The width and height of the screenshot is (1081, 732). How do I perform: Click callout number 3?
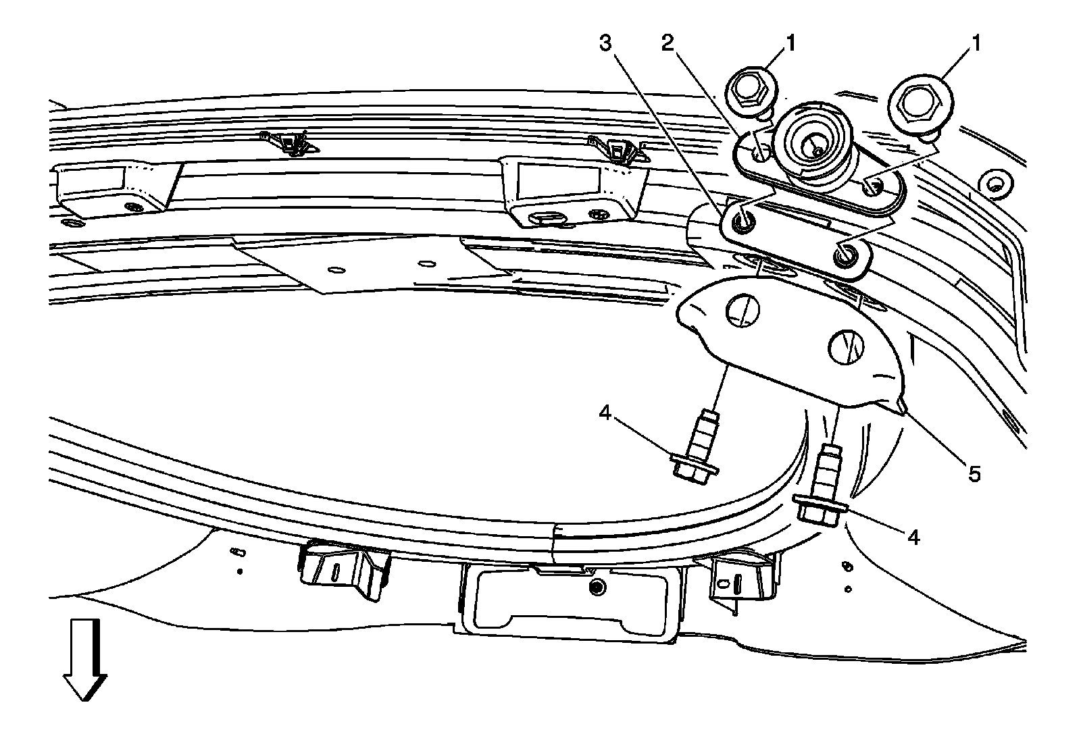605,44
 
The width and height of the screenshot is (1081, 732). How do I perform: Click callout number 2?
668,44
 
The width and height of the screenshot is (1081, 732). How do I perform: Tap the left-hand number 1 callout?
789,44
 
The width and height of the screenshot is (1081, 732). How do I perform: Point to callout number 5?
974,473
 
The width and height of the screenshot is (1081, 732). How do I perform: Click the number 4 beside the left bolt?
605,412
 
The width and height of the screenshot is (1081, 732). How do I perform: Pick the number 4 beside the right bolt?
913,537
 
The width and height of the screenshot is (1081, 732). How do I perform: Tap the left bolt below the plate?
696,452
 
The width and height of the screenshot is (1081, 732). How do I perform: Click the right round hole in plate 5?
845,346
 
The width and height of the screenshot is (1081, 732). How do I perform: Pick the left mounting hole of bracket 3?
743,219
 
